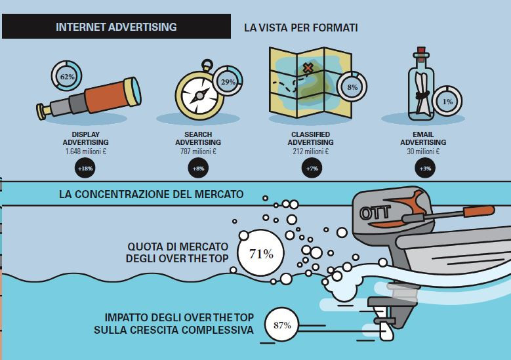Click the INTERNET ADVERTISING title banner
tap(116, 26)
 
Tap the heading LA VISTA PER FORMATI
tap(301, 28)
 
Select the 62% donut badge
tap(66, 76)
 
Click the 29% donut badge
tap(228, 81)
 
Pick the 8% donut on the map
tap(352, 87)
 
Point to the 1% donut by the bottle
tap(447, 102)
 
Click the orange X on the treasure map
tap(308, 68)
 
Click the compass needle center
tap(199, 96)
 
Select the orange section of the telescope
tap(106, 97)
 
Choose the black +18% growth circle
tap(85, 168)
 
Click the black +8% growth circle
tap(198, 168)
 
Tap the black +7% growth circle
tap(312, 168)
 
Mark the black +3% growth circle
tap(425, 168)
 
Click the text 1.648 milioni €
tap(86, 151)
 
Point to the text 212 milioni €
tap(310, 151)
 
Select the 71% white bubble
tap(260, 253)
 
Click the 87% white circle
tap(282, 325)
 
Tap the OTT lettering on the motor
tap(375, 213)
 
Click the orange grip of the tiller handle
tap(479, 211)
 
